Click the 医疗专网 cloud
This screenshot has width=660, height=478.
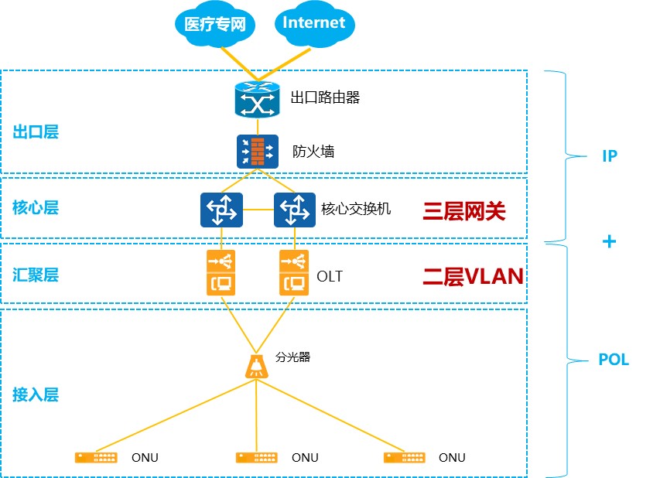(215, 25)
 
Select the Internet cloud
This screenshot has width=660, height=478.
(313, 23)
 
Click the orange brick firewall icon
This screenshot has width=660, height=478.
(257, 151)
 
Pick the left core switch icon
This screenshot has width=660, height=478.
(221, 210)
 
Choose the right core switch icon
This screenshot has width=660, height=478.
(295, 210)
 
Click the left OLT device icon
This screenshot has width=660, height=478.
(221, 272)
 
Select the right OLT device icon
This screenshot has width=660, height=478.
(295, 272)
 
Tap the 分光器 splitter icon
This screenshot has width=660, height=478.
(257, 365)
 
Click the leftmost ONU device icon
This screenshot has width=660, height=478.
(97, 457)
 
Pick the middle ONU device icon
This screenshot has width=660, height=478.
(257, 457)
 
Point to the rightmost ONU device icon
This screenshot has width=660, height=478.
(405, 457)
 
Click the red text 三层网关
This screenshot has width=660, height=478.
(463, 210)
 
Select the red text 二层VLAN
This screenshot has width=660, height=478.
(473, 276)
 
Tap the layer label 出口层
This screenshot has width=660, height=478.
(36, 131)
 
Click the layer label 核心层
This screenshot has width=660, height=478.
(36, 207)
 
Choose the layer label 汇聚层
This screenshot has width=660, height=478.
(36, 275)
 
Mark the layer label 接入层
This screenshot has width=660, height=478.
(36, 394)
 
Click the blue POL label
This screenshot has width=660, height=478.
(614, 360)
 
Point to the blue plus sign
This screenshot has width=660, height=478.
(609, 241)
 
